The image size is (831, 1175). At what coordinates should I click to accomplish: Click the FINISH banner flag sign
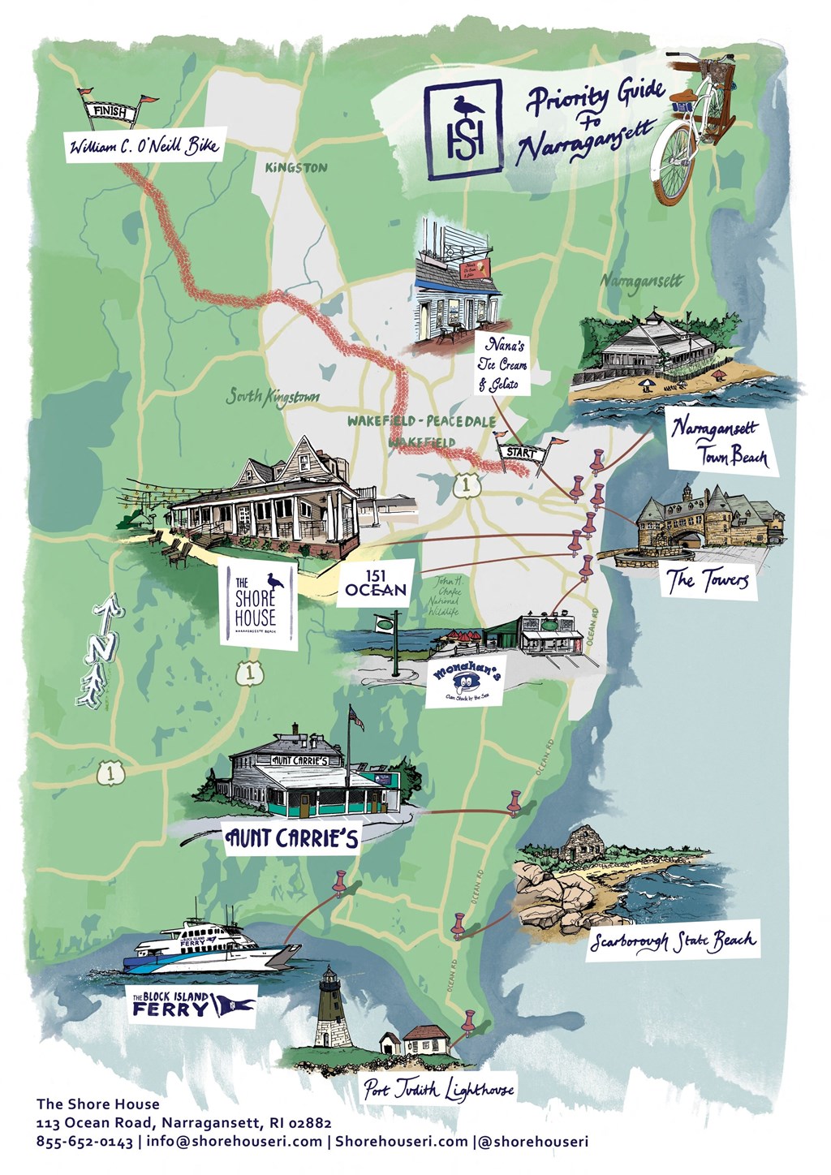111,111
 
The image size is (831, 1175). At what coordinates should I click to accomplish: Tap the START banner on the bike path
522,453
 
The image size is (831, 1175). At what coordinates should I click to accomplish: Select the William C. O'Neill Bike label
144,148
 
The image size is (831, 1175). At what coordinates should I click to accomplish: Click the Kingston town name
296,167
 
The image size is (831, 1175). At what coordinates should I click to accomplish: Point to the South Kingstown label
272,397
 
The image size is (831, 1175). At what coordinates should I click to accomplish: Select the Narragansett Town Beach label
717,441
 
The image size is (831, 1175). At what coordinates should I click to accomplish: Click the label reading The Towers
707,579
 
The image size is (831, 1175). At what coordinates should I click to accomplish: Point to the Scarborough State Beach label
673,940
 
